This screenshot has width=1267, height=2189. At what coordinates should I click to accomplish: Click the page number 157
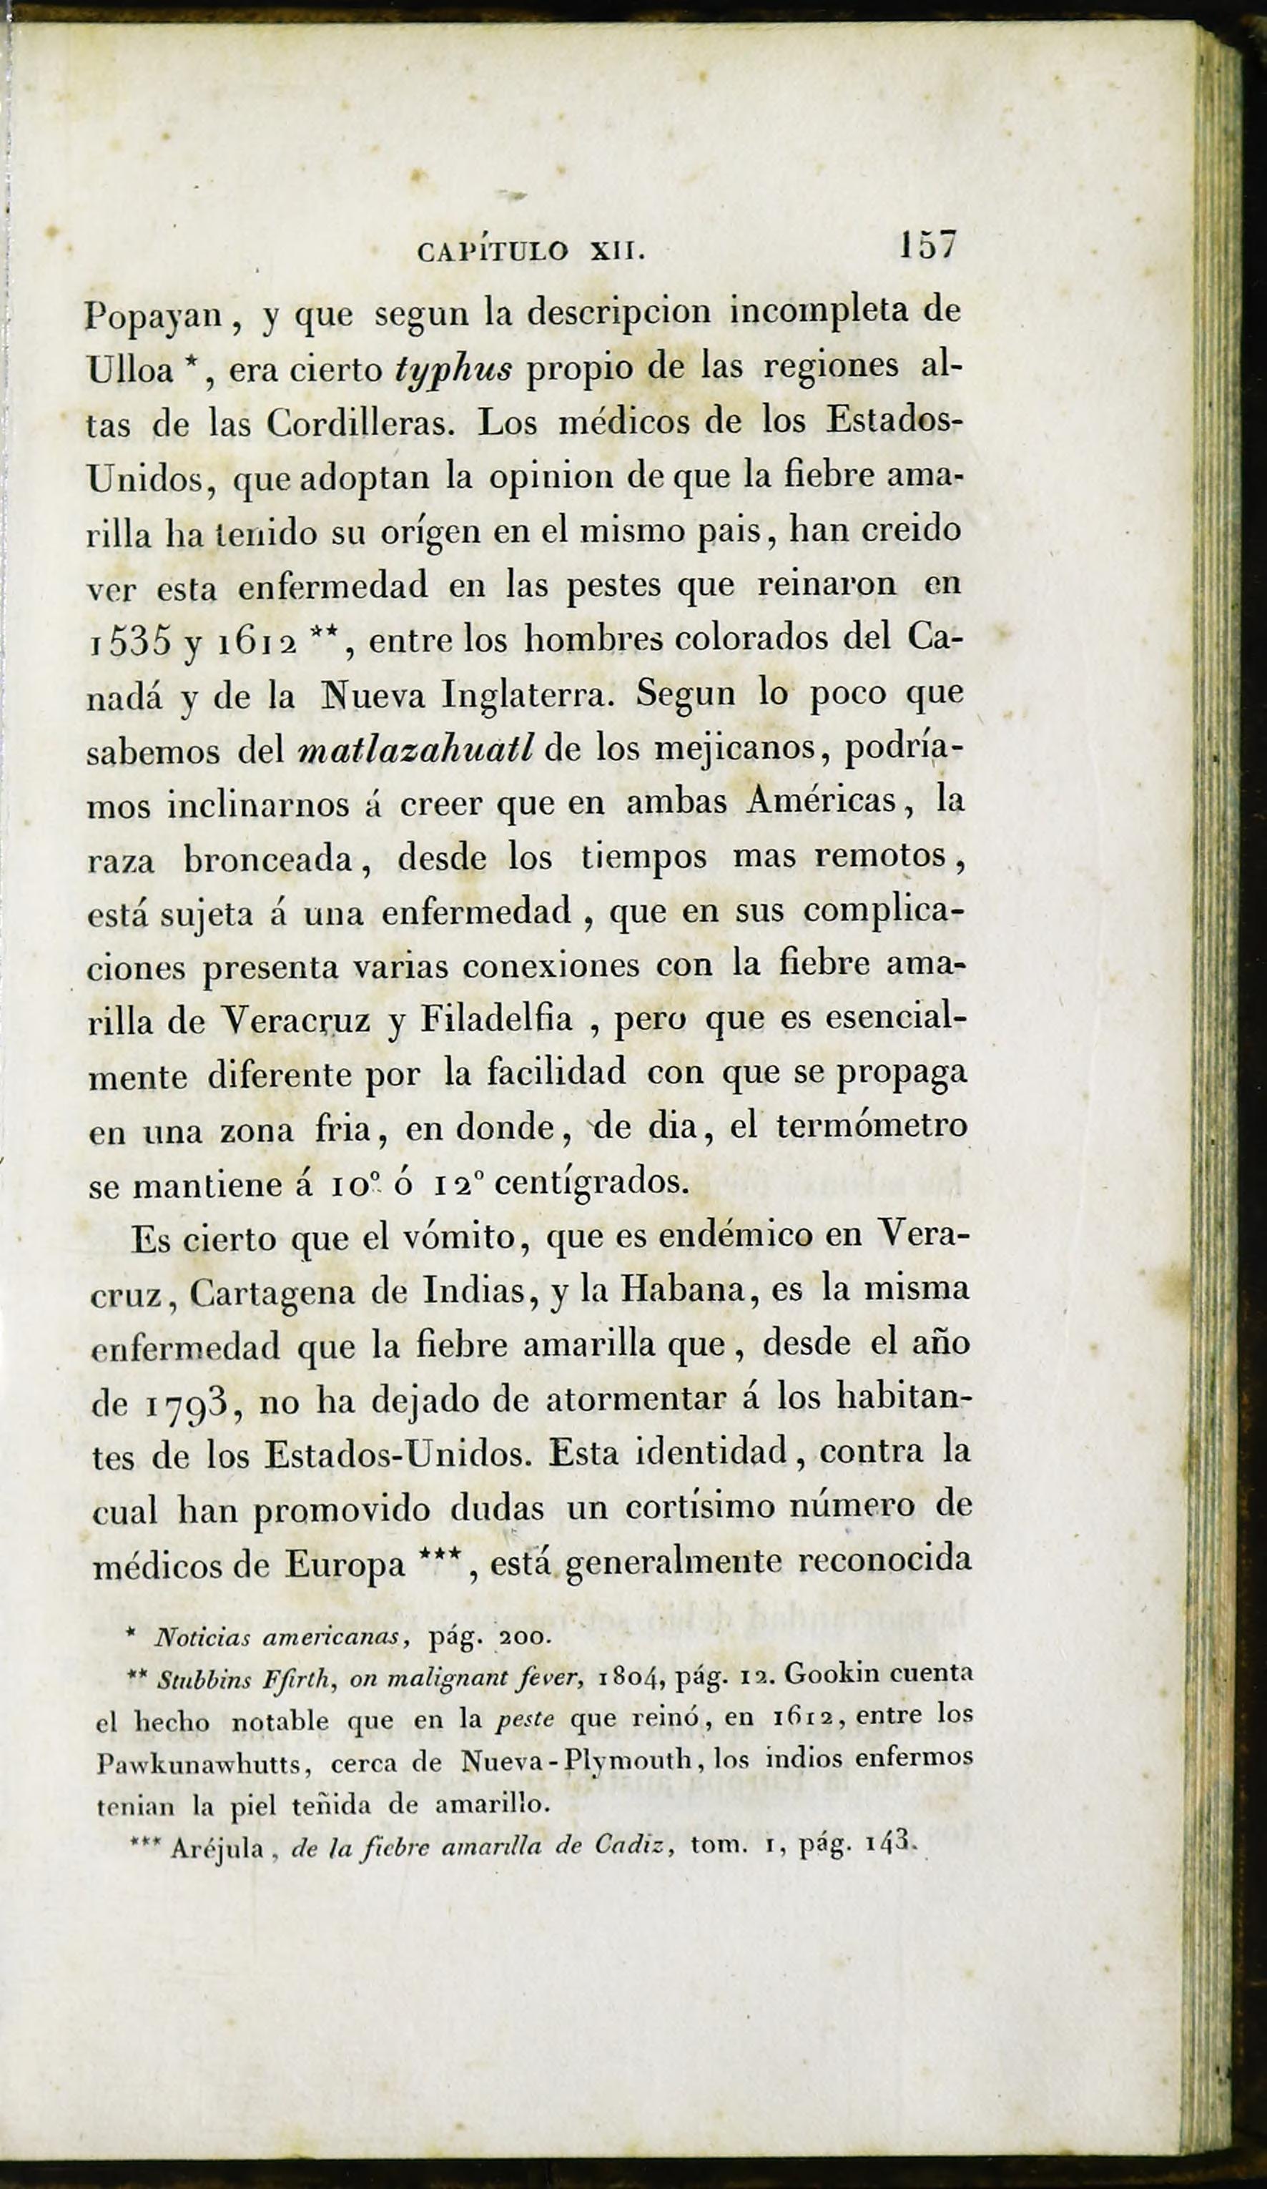point(927,245)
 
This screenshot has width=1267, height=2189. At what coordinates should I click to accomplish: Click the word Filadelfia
point(496,1019)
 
